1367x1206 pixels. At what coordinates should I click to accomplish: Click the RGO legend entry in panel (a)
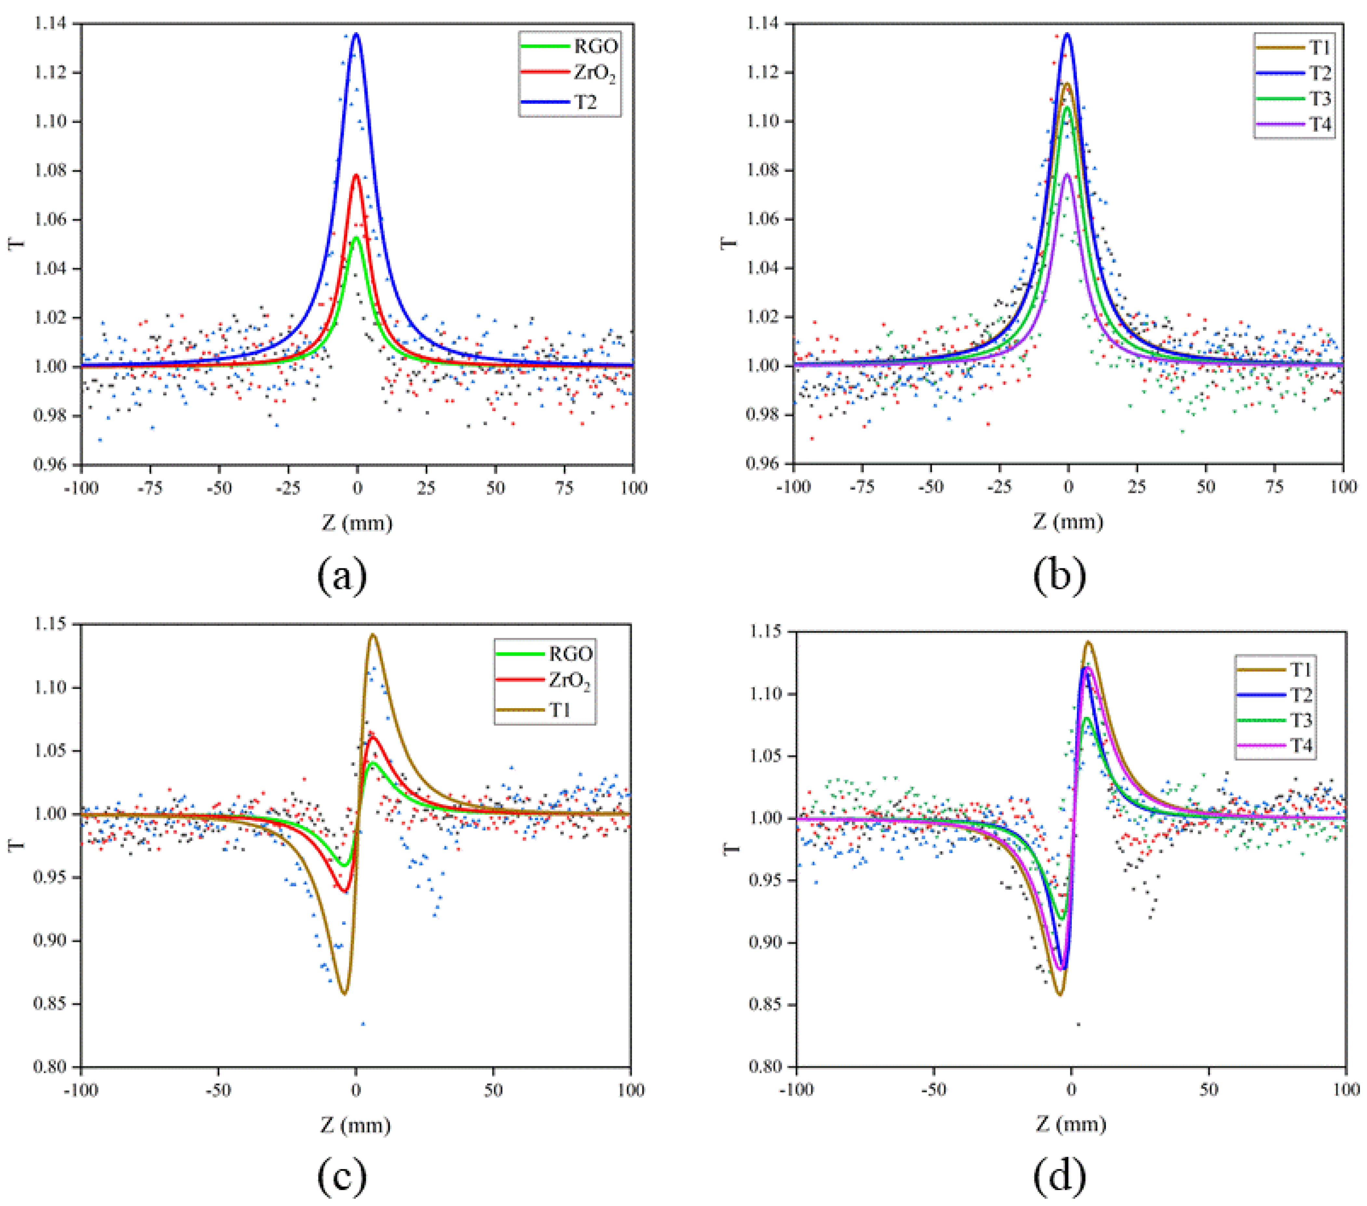[594, 46]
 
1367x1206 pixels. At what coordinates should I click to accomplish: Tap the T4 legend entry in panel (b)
[1319, 125]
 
